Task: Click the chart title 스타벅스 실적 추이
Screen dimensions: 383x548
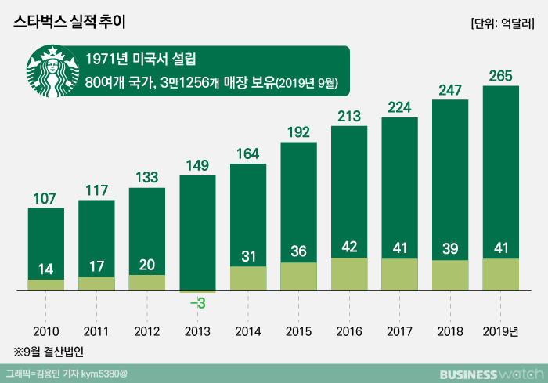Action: (70, 23)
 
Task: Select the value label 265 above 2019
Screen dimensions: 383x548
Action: (501, 74)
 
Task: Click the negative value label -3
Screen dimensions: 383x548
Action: (197, 302)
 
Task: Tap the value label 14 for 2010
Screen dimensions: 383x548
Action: (46, 269)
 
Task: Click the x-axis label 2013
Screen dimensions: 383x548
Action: (197, 331)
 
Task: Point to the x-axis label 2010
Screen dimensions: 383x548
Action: (46, 331)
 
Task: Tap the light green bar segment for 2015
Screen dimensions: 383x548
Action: (299, 276)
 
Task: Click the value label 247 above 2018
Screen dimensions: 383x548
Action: (450, 90)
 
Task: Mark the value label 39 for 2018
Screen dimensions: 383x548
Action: (450, 248)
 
